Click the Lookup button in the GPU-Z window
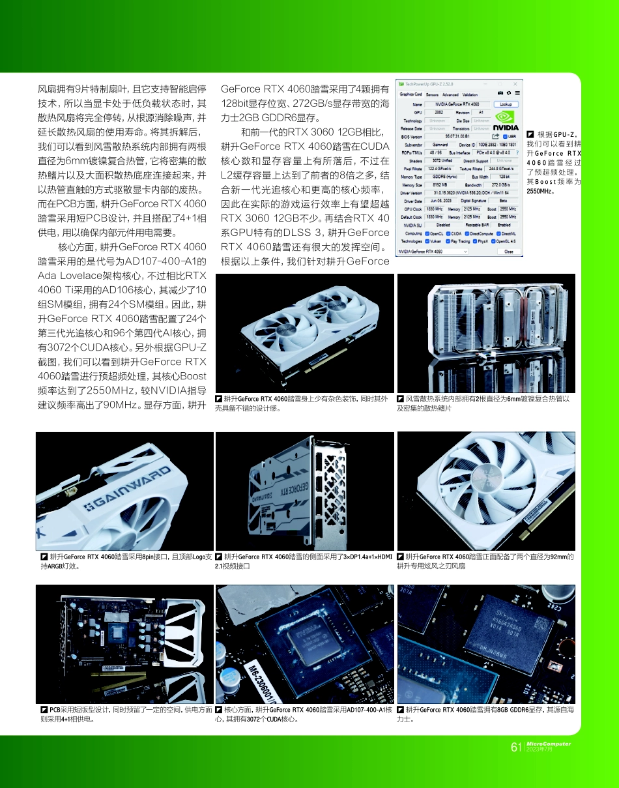click(x=505, y=104)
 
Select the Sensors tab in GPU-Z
click(x=432, y=95)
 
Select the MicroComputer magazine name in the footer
click(x=549, y=744)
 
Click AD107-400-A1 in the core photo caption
click(x=367, y=709)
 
